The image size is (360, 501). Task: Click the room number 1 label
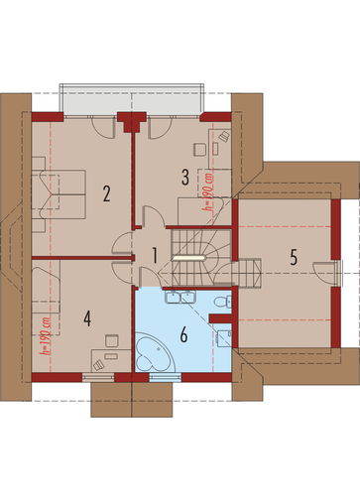coord(155,256)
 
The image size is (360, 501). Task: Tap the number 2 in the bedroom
coord(106,193)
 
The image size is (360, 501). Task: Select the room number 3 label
coord(185,177)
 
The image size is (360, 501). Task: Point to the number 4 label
coord(87,318)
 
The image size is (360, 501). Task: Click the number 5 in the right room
coord(294,257)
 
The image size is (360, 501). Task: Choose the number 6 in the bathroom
coord(183,334)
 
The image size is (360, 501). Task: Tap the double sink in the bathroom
coord(180,297)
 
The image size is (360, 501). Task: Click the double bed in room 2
coord(59,194)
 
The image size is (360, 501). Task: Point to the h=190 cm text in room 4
coord(46,336)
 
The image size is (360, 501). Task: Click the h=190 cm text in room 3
coord(208,191)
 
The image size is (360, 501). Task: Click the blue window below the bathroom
coord(165,377)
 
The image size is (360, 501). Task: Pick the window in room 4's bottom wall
coord(98,377)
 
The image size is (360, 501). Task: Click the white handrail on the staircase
coord(188,257)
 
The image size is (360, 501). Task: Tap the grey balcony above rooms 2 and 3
coord(132,99)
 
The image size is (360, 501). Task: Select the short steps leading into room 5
coord(250,273)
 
